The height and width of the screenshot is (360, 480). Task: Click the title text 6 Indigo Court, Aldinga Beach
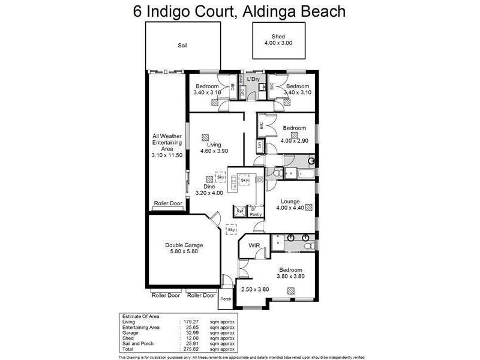239,11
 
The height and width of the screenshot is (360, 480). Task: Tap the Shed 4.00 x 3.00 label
277,40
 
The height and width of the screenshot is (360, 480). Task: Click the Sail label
182,46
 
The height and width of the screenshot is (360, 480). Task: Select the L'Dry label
253,79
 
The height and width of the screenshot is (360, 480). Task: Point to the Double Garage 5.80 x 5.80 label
185,248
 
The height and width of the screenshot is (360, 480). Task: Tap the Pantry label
256,214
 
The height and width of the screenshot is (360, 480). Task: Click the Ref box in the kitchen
239,211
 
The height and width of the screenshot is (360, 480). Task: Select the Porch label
226,299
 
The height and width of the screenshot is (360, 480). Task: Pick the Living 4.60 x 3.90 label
214,148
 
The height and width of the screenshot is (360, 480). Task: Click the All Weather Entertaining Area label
167,146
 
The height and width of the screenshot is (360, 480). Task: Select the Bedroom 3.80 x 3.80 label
290,274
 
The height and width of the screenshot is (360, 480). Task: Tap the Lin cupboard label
259,145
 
